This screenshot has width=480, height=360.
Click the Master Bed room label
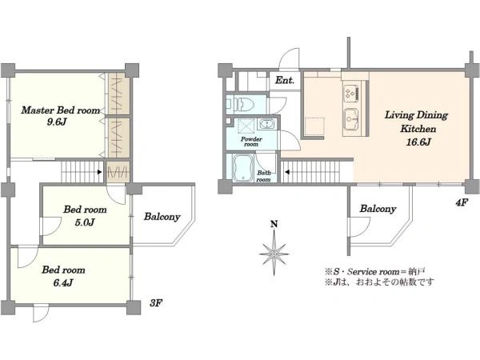pyautogui.click(x=61, y=110)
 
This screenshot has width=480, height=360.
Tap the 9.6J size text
pyautogui.click(x=57, y=122)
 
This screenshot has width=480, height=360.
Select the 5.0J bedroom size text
pyautogui.click(x=85, y=222)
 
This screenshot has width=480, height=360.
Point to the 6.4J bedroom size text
pyautogui.click(x=63, y=282)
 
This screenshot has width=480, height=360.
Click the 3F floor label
pyautogui.click(x=156, y=303)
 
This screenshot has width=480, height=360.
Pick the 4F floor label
pyautogui.click(x=462, y=202)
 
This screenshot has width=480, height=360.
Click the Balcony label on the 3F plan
pyautogui.click(x=162, y=217)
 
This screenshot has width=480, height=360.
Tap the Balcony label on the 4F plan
pyautogui.click(x=378, y=209)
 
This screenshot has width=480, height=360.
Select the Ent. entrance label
pyautogui.click(x=284, y=80)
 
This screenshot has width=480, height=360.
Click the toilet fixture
pyautogui.click(x=242, y=104)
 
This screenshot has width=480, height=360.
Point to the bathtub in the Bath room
pyautogui.click(x=242, y=167)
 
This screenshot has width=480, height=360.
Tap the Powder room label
pyautogui.click(x=251, y=142)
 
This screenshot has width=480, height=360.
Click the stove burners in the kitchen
pyautogui.click(x=351, y=92)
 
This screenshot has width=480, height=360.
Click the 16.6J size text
pyautogui.click(x=418, y=142)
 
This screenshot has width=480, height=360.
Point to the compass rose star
pyautogui.click(x=274, y=254)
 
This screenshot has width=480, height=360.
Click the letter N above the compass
pyautogui.click(x=274, y=224)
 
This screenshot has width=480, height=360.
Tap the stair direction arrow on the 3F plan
pyautogui.click(x=99, y=172)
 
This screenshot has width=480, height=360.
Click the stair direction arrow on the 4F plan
pyautogui.click(x=287, y=172)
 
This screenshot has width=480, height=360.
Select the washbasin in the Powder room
pyautogui.click(x=267, y=125)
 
